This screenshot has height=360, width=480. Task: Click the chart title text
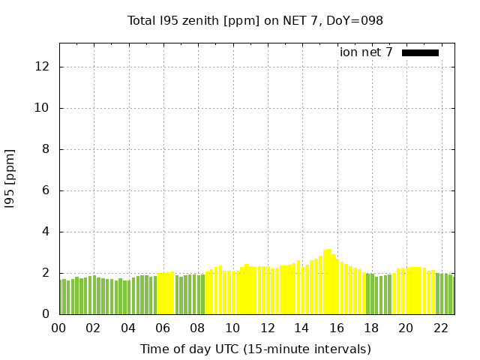pyautogui.click(x=255, y=20)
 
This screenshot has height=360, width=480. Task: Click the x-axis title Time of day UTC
pyautogui.click(x=255, y=349)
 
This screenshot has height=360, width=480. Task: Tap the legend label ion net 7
pyautogui.click(x=366, y=52)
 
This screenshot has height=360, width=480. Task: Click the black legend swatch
pyautogui.click(x=420, y=52)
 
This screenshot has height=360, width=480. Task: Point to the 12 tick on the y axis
pyautogui.click(x=43, y=67)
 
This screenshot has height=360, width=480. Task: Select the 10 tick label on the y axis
pyautogui.click(x=43, y=108)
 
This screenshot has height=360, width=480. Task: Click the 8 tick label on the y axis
pyautogui.click(x=46, y=149)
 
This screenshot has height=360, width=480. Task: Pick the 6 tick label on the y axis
pyautogui.click(x=46, y=190)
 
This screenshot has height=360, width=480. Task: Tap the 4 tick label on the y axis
pyautogui.click(x=46, y=232)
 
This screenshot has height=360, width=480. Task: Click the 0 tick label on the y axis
pyautogui.click(x=46, y=314)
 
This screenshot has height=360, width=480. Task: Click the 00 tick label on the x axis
pyautogui.click(x=58, y=328)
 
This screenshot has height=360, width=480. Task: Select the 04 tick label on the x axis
pyautogui.click(x=128, y=328)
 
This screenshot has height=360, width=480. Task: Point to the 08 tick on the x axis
pyautogui.click(x=197, y=328)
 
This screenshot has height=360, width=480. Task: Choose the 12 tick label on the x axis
pyautogui.click(x=267, y=328)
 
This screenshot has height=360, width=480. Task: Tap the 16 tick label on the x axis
pyautogui.click(x=337, y=328)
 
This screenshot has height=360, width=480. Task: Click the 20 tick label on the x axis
pyautogui.click(x=406, y=328)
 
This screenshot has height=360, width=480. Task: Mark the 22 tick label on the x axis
pyautogui.click(x=441, y=328)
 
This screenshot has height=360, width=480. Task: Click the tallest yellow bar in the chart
pyautogui.click(x=328, y=282)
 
